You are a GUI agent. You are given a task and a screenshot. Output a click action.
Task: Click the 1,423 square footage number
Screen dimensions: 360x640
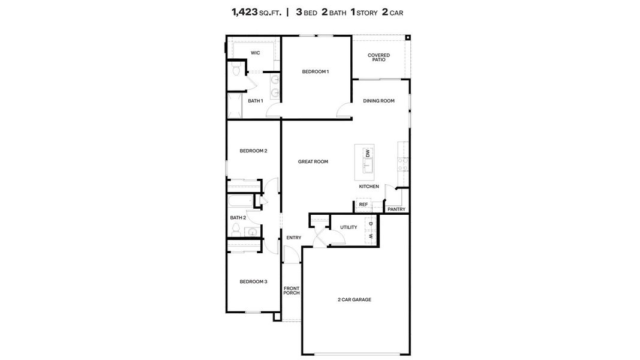tap(245, 11)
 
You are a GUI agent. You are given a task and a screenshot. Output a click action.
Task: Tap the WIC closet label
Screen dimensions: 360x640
tap(256, 53)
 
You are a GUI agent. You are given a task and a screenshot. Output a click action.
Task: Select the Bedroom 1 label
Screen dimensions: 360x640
tap(315, 71)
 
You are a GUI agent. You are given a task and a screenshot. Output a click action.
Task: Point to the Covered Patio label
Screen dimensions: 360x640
tap(378, 58)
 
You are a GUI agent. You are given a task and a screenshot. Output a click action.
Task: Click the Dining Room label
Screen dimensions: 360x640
tap(378, 101)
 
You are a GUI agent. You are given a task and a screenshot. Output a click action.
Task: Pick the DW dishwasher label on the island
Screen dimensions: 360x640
tap(368, 153)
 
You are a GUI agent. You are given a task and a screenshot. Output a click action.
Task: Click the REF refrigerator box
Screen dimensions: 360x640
tap(363, 205)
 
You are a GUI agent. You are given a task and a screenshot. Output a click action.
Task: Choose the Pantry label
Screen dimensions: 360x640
tap(396, 209)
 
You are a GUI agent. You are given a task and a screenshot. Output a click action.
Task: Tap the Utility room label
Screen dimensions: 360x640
tap(348, 227)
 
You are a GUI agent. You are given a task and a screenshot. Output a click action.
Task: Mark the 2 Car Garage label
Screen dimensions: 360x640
tap(354, 299)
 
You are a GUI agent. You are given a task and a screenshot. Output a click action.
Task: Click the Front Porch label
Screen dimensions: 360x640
tap(292, 290)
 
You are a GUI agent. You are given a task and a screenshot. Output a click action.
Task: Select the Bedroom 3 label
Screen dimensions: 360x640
tap(253, 281)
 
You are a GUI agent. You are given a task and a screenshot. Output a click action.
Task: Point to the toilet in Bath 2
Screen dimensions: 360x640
tap(237, 229)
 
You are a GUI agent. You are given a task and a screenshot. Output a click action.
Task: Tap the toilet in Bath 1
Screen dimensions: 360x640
tap(236, 71)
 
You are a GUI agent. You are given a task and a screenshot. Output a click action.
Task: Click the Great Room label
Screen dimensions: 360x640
tap(313, 161)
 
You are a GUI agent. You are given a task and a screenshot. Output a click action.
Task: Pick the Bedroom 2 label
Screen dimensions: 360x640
tap(253, 151)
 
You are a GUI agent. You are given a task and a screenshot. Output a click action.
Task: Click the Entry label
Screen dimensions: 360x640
tap(294, 238)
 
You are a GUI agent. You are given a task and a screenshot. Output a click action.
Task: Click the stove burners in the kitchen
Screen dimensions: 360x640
tap(403, 164)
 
